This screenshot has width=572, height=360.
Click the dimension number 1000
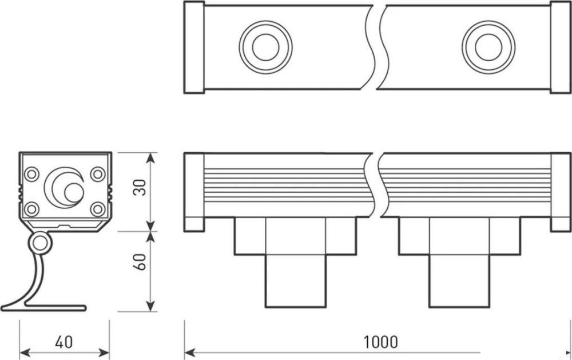pos(380,342)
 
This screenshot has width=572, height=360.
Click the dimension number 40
pos(64,342)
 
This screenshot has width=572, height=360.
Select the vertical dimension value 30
pos(140,188)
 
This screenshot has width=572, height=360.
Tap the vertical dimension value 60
pos(140,262)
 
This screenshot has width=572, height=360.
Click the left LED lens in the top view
pos(265,47)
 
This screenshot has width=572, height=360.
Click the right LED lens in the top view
pos(488,47)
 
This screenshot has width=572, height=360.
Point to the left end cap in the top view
pos(194,47)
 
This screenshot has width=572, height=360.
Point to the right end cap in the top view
pos(561,47)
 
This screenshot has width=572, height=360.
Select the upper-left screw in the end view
pos(31,174)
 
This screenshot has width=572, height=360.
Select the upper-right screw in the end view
pos(98,174)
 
